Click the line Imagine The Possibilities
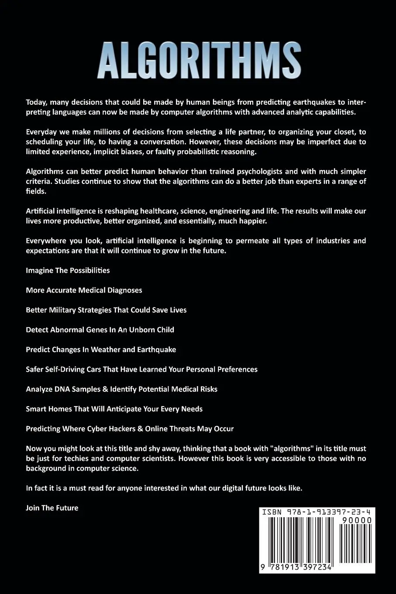point(68,270)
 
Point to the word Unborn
point(134,330)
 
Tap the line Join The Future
point(52,508)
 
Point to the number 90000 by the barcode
point(357,520)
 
